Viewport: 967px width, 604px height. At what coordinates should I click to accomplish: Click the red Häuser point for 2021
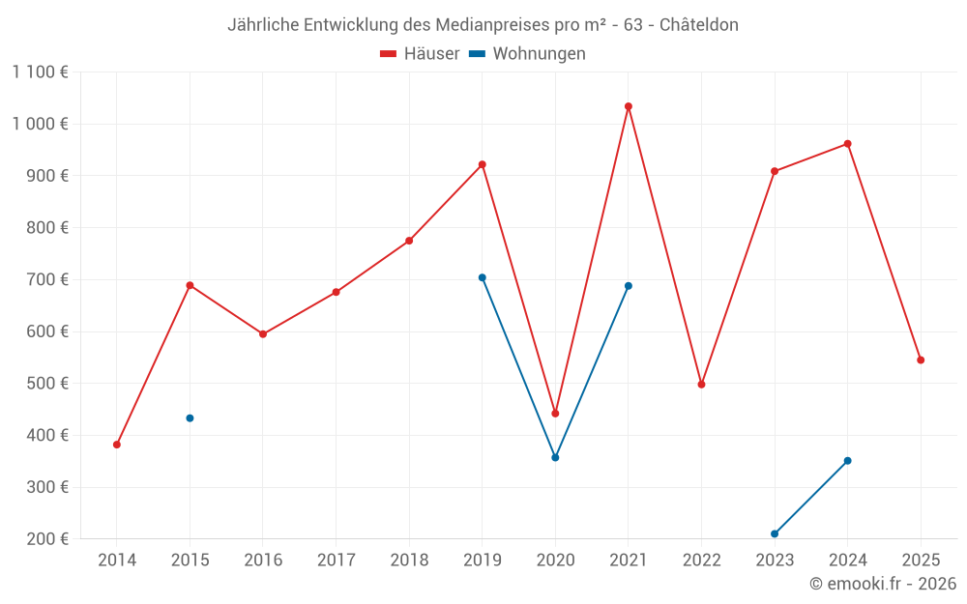pyautogui.click(x=629, y=106)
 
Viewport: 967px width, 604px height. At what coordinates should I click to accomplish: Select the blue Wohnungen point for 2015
pyautogui.click(x=190, y=418)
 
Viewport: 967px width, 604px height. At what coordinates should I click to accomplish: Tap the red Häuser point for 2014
pyautogui.click(x=117, y=445)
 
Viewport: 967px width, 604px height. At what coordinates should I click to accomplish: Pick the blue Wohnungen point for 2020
pyautogui.click(x=555, y=457)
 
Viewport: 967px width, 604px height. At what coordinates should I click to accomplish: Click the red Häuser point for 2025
pyautogui.click(x=921, y=360)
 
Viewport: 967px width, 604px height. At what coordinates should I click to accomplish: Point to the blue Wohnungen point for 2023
pyautogui.click(x=775, y=533)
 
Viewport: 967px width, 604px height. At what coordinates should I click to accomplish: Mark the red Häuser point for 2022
pyautogui.click(x=702, y=385)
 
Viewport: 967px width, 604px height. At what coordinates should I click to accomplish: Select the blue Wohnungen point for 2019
pyautogui.click(x=483, y=277)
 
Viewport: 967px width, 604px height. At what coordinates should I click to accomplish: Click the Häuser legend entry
pyautogui.click(x=420, y=54)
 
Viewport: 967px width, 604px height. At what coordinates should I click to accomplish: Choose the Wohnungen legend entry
pyautogui.click(x=527, y=54)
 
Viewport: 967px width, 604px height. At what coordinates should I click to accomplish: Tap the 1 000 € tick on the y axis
pyautogui.click(x=40, y=124)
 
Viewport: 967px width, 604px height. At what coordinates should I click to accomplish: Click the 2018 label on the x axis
pyautogui.click(x=409, y=560)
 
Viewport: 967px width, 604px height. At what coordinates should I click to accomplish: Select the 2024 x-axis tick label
pyautogui.click(x=847, y=560)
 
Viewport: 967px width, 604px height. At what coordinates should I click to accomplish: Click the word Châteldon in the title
pyautogui.click(x=699, y=25)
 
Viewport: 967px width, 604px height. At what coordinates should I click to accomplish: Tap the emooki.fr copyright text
pyautogui.click(x=883, y=584)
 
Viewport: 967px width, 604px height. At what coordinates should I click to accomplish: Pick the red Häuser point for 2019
pyautogui.click(x=483, y=164)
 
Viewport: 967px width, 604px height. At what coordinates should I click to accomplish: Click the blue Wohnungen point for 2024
pyautogui.click(x=848, y=461)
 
